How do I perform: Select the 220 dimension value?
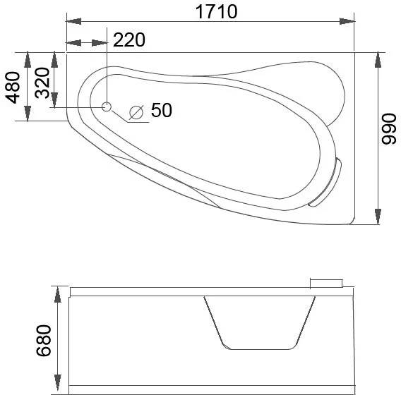(x=128, y=40)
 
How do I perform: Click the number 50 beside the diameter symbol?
(x=161, y=110)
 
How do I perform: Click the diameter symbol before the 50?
(x=137, y=111)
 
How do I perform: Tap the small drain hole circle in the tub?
(x=107, y=107)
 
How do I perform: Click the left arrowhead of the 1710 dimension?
(x=73, y=21)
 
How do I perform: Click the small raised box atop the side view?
(x=325, y=283)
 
